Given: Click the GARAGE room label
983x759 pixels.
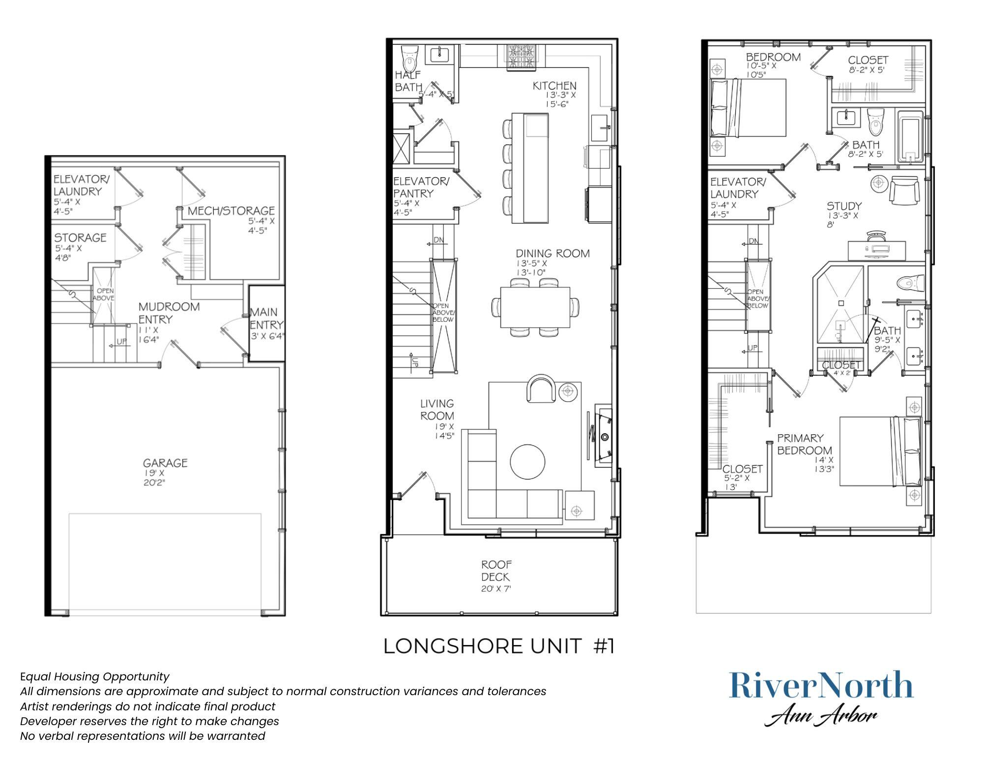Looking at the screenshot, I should [x=165, y=463].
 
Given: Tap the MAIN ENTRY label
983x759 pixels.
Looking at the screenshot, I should [x=266, y=318].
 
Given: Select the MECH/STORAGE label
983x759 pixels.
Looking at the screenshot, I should [x=231, y=211].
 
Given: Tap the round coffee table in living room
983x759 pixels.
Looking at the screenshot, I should [x=527, y=461].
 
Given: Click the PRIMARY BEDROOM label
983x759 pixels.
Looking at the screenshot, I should [x=804, y=444].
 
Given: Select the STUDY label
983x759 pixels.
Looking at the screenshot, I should [x=843, y=206].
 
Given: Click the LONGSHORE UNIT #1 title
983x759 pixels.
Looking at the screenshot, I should [x=498, y=646].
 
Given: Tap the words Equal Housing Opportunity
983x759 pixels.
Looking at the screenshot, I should [x=94, y=676].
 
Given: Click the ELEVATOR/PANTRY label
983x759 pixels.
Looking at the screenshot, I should [x=421, y=187].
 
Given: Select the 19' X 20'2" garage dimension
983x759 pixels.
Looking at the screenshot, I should [x=154, y=478].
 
